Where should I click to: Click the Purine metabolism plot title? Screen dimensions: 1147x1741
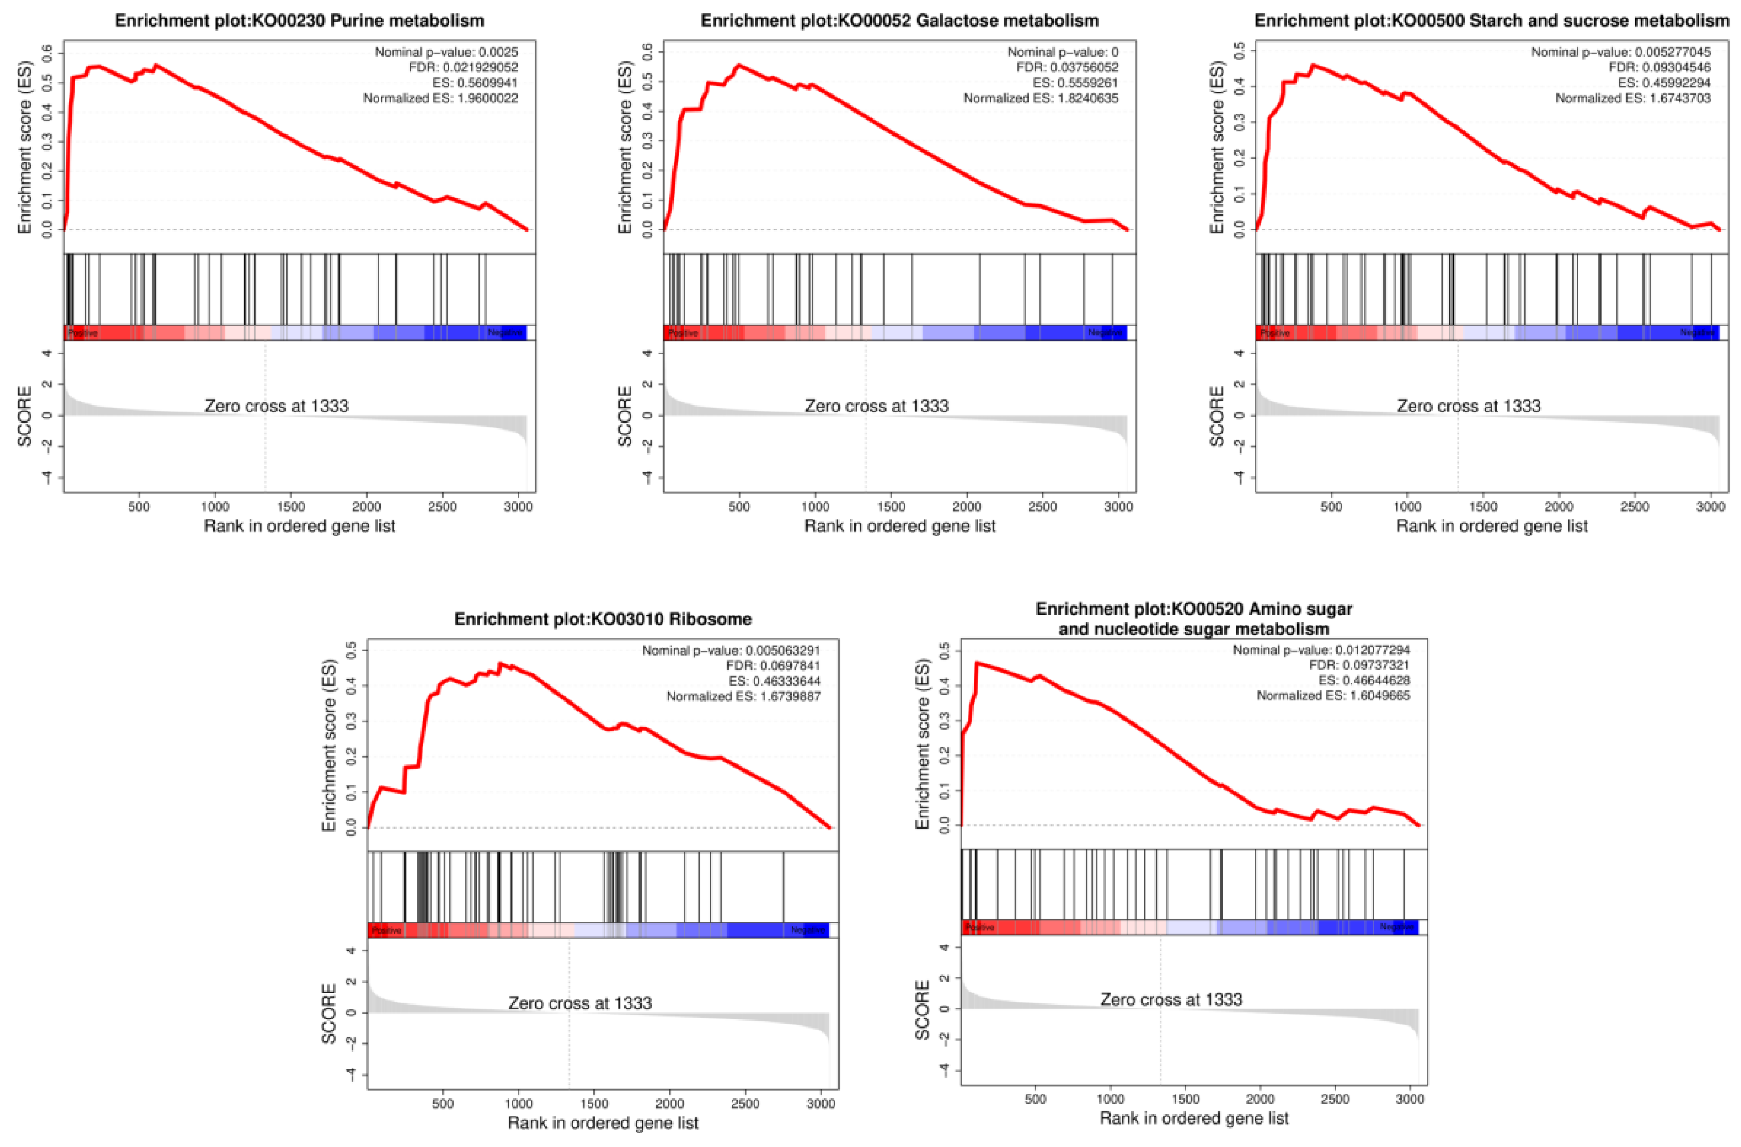click(x=299, y=20)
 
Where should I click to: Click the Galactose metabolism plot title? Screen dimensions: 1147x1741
click(x=899, y=20)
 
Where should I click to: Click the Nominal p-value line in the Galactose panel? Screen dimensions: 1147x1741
click(x=1062, y=52)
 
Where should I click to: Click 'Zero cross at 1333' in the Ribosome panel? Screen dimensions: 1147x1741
click(x=580, y=1003)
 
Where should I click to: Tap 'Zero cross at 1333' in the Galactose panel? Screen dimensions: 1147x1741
click(x=876, y=406)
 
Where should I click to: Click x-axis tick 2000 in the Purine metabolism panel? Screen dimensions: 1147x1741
click(x=366, y=506)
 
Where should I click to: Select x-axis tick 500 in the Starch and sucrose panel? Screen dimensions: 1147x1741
click(x=1331, y=506)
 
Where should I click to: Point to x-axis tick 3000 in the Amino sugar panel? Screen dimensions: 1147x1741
click(x=1410, y=1099)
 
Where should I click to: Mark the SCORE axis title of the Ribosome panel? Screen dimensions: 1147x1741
click(x=329, y=1013)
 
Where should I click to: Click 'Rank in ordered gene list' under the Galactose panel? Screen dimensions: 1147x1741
click(x=899, y=526)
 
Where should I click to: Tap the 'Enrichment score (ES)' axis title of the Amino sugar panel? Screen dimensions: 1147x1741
click(x=922, y=744)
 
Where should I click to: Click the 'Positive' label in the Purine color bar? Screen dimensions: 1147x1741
click(x=83, y=333)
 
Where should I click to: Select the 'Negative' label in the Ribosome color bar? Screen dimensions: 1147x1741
click(x=807, y=930)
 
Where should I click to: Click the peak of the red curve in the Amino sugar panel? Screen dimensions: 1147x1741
click(x=977, y=663)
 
